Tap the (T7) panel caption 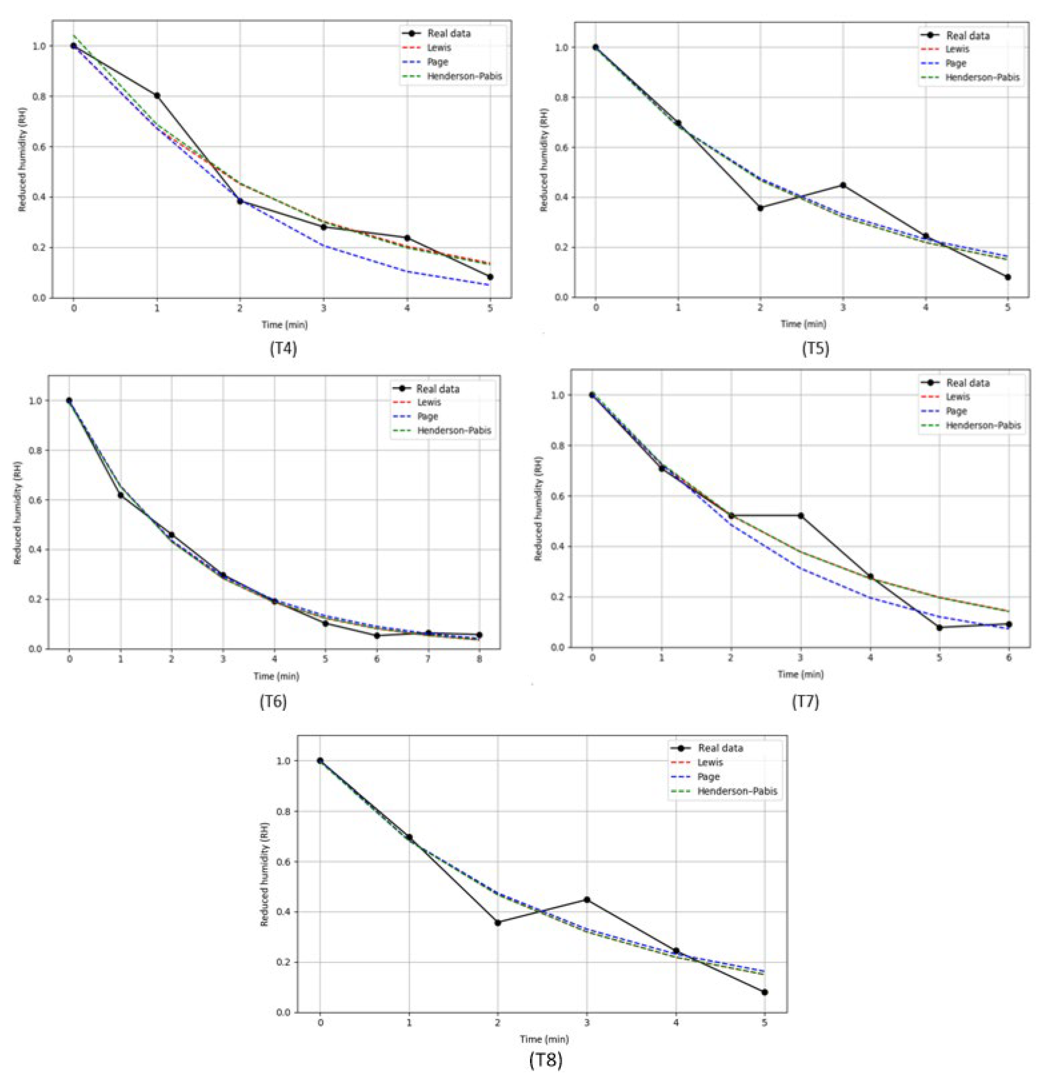[x=805, y=702]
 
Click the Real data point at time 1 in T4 [x=157, y=95]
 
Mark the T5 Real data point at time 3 [x=842, y=185]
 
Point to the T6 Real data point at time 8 [x=479, y=635]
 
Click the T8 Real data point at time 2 [x=498, y=923]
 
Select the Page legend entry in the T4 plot [x=437, y=62]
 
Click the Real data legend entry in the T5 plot [x=967, y=36]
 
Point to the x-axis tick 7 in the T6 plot [x=428, y=659]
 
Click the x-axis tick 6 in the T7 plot [x=1008, y=657]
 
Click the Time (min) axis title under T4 [x=284, y=325]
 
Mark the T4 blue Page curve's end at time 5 [x=489, y=285]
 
